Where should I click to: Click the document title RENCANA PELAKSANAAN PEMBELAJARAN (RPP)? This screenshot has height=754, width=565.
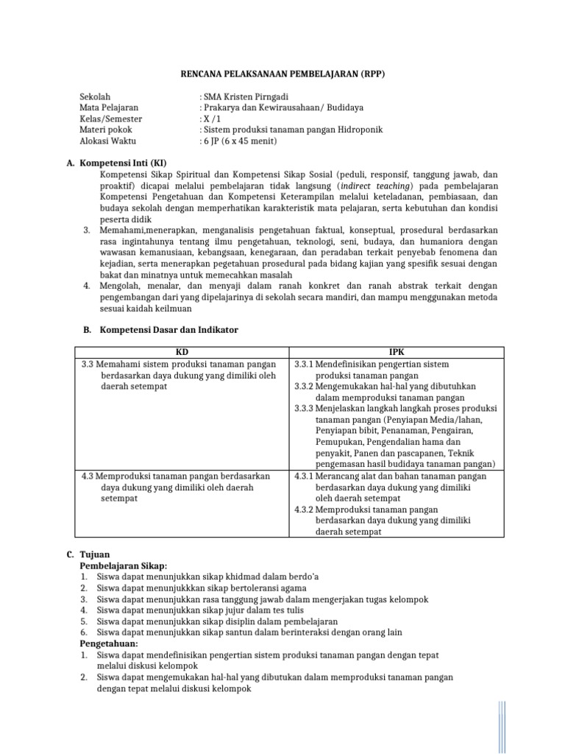283,74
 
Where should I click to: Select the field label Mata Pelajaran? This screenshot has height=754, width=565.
109,108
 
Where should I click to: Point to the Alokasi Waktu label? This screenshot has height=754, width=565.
108,140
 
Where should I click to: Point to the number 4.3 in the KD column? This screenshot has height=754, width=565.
88,476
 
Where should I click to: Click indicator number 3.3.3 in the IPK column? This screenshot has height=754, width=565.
304,408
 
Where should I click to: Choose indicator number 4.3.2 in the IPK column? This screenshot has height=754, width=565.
304,510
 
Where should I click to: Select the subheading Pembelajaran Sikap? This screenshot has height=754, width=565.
124,565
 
